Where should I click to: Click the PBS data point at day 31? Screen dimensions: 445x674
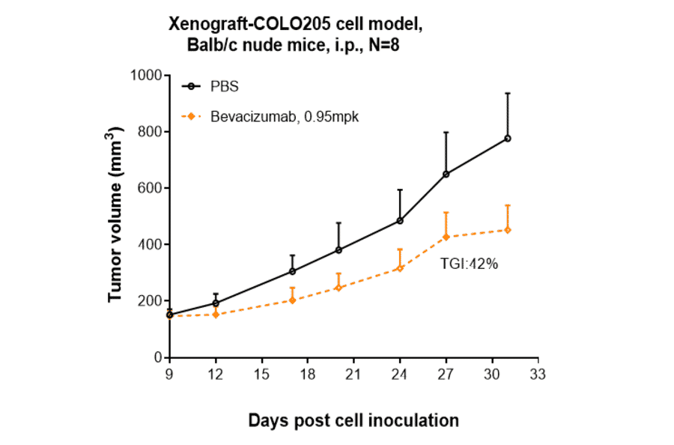coord(508,139)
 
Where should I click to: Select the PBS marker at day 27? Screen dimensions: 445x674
coord(446,174)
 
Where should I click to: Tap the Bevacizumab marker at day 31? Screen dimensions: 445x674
coord(508,230)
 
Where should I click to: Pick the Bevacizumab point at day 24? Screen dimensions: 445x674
coord(400,268)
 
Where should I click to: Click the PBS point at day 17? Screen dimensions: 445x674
coord(292,271)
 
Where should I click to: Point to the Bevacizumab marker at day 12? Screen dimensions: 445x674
coord(216,315)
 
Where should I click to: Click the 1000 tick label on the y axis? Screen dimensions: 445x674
coord(146,75)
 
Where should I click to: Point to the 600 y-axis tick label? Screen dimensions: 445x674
coord(150,188)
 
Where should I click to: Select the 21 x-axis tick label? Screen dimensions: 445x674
coord(354,373)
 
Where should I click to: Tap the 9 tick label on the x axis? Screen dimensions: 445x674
coord(170,373)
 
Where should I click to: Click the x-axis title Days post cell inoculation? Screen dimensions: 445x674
coord(353,420)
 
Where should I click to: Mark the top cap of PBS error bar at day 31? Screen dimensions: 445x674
coord(508,93)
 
